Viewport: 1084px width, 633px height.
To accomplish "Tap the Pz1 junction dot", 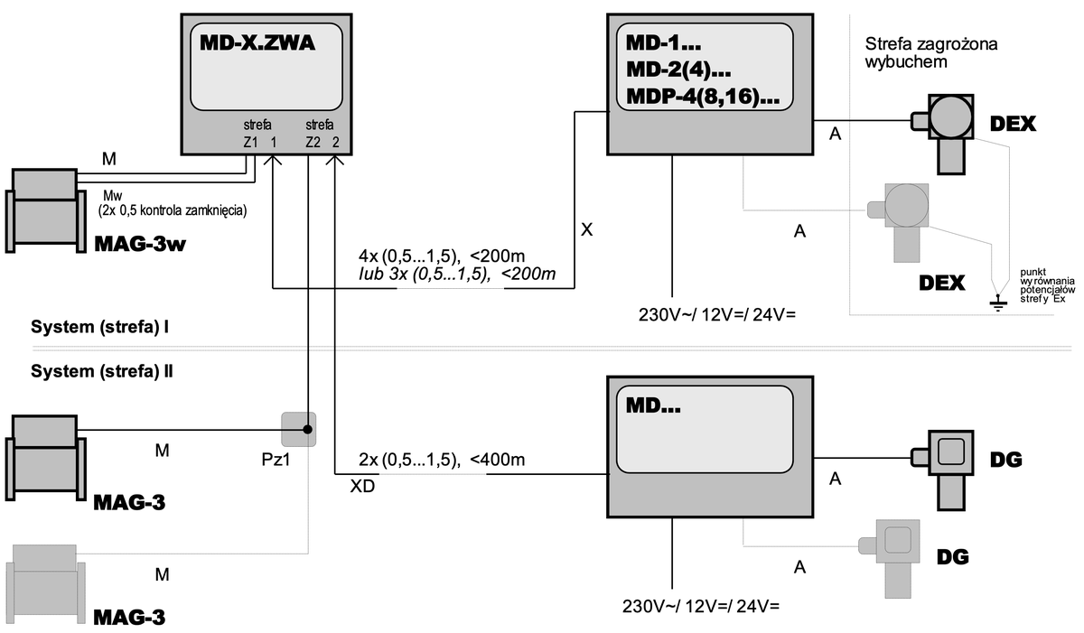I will pos(308,430).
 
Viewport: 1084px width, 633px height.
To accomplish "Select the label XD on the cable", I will pos(362,486).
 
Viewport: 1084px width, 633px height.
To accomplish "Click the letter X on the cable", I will pos(586,230).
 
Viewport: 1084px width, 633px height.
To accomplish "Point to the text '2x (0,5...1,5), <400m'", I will pos(442,460).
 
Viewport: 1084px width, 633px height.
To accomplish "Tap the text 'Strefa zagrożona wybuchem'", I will pos(930,53).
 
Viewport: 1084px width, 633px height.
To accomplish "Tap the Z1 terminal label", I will pos(250,142).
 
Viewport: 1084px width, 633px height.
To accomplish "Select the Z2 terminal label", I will pos(313,142).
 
